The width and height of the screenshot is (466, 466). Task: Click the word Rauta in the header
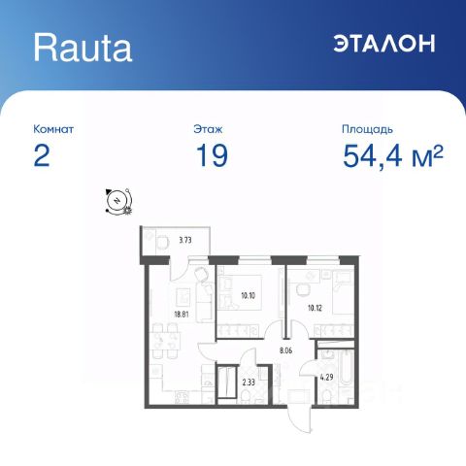(x=83, y=45)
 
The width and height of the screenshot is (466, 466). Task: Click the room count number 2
(x=41, y=157)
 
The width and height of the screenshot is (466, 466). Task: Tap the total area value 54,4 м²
(x=392, y=157)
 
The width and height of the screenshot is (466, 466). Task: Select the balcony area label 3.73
(x=187, y=238)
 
